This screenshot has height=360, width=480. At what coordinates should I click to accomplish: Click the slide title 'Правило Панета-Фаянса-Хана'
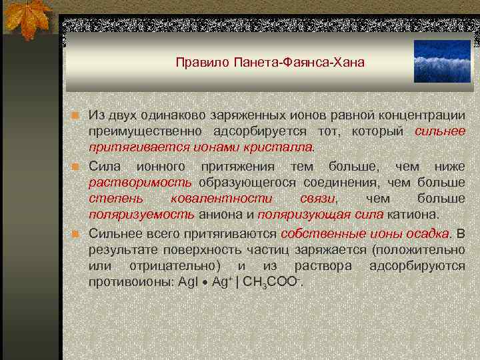270,63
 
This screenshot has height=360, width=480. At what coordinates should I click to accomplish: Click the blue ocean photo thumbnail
442,61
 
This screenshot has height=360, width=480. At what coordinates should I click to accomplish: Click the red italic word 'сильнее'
440,131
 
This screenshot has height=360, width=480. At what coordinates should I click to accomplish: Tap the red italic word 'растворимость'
141,182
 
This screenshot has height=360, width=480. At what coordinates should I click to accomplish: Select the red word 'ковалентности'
221,199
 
